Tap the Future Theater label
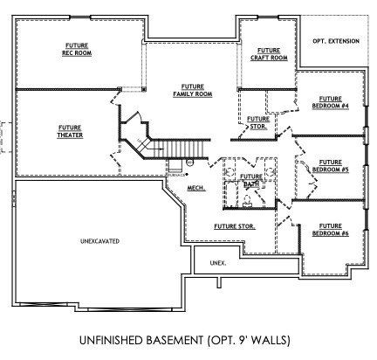[x=70, y=131]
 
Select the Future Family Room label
[x=193, y=90]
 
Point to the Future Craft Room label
[x=268, y=54]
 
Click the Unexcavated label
[x=99, y=239]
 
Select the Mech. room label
[x=196, y=188]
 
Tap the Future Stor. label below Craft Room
[x=257, y=122]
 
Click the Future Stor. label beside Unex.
[x=234, y=226]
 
